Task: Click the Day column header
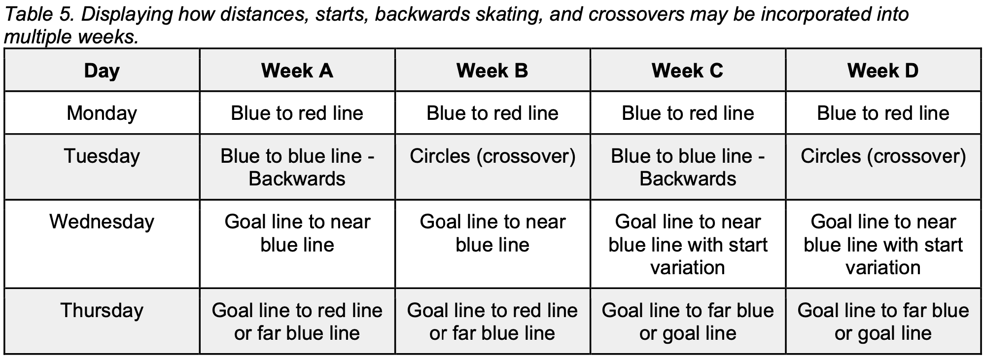coord(102,71)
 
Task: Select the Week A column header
coord(297,71)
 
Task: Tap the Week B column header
coord(493,71)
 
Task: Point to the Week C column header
coord(688,71)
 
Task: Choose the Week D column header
coord(883,71)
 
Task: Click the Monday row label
coord(102,113)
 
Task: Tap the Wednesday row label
coord(102,222)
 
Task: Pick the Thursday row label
coord(102,311)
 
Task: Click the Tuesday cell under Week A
coord(297,167)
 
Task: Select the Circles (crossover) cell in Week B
coord(493,156)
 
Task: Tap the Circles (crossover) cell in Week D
coord(883,156)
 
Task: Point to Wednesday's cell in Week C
coord(688,245)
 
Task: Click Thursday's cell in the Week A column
coord(297,322)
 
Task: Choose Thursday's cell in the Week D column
coord(883,322)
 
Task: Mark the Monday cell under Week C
coord(688,113)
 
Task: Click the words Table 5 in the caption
coord(38,14)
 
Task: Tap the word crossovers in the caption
coord(636,14)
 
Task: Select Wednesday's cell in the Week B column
coord(493,233)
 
